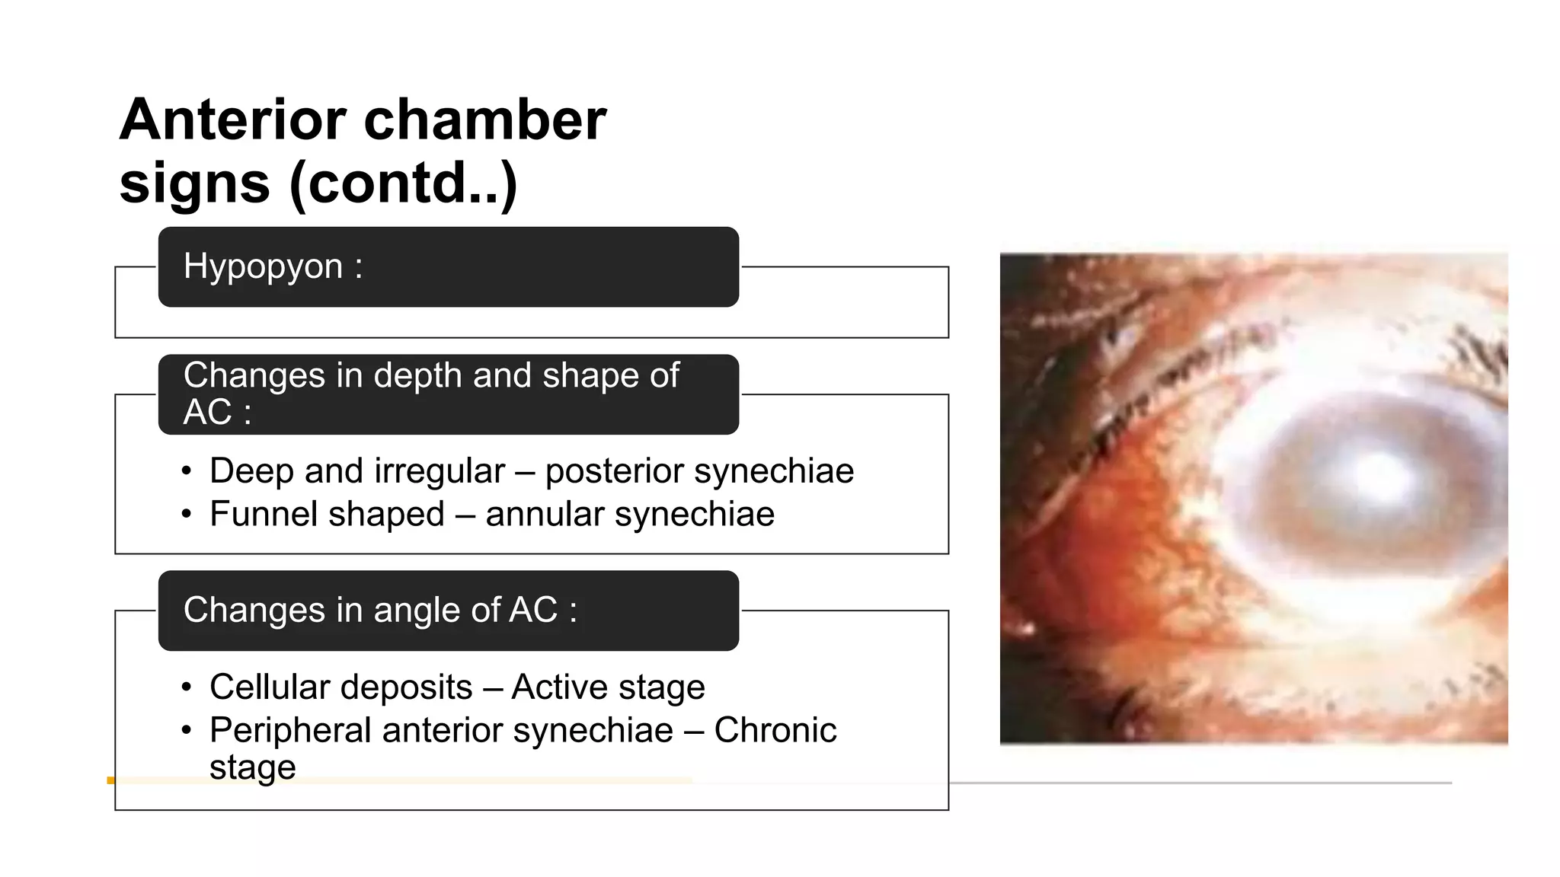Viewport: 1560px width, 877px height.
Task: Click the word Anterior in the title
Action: pos(232,120)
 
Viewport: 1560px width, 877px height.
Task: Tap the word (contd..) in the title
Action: pos(404,183)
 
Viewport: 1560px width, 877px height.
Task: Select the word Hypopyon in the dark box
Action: pos(263,266)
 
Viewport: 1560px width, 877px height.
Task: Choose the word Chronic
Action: pos(775,730)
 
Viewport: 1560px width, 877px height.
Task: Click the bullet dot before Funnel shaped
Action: pos(187,515)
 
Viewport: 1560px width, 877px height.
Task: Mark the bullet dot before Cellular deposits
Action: pos(187,688)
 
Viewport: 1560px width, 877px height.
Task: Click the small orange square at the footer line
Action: pos(110,780)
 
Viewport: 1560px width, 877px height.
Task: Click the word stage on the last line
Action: pos(252,767)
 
